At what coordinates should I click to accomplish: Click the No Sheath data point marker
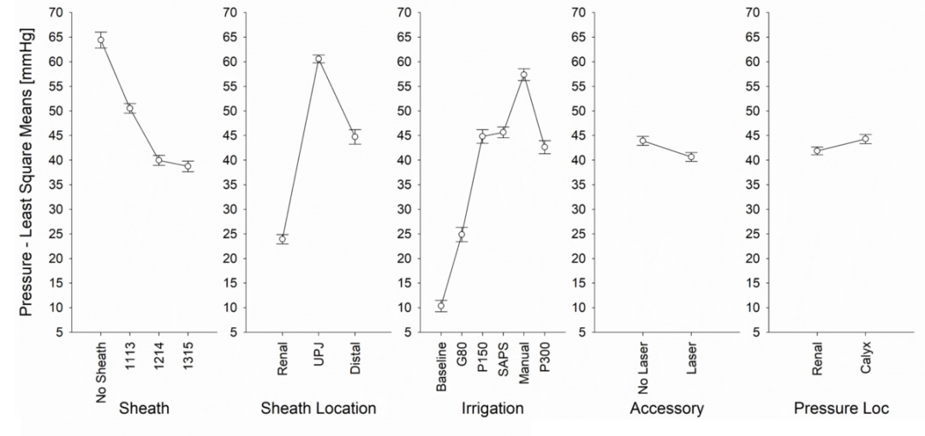[x=101, y=40]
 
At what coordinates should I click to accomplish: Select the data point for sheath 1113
[x=130, y=108]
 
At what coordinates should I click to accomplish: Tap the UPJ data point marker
[x=319, y=59]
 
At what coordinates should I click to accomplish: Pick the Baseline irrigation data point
[x=441, y=306]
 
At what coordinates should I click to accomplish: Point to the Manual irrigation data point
[x=523, y=75]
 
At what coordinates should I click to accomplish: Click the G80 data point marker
[x=462, y=234]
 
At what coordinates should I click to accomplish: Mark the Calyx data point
[x=865, y=140]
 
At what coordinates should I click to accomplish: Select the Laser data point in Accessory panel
[x=691, y=157]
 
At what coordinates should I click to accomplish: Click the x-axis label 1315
[x=188, y=355]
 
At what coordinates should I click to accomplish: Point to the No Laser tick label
[x=643, y=367]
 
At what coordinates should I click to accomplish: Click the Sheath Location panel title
[x=319, y=409]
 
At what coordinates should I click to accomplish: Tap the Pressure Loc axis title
[x=841, y=409]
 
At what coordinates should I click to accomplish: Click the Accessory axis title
[x=666, y=409]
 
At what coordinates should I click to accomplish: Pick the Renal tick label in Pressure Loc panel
[x=817, y=356]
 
